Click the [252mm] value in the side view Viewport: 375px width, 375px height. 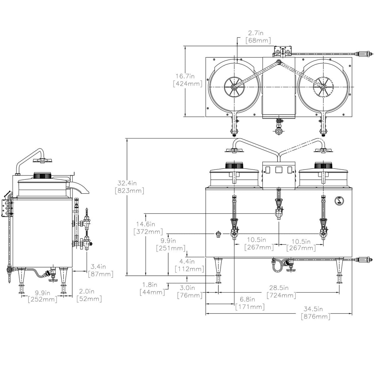click(43, 299)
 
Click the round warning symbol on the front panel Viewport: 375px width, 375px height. click(338, 201)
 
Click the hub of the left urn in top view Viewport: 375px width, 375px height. click(233, 87)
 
